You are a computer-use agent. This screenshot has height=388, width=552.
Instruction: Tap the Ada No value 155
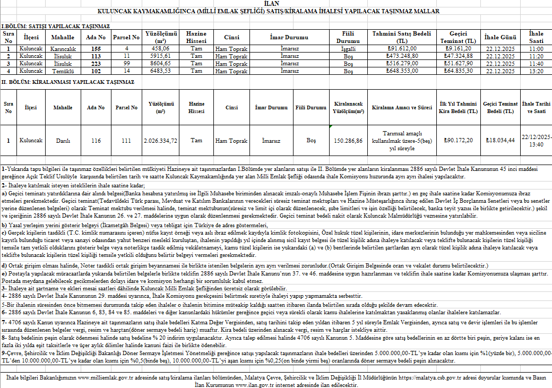[x=96, y=48]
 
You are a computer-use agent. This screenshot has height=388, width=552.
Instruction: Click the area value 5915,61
[x=161, y=56]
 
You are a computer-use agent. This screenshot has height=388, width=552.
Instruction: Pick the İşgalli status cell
[x=348, y=48]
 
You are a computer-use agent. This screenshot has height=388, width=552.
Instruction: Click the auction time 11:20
[x=536, y=56]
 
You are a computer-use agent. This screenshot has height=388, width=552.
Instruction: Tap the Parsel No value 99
[x=127, y=63]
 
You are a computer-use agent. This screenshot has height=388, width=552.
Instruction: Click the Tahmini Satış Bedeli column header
[x=402, y=37]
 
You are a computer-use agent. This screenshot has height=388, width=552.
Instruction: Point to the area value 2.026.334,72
[x=161, y=141]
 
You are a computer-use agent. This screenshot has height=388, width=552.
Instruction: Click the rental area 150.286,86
[x=348, y=141]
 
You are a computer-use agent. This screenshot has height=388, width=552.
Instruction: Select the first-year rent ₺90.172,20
[x=458, y=141]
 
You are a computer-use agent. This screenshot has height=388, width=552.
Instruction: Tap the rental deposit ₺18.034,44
[x=501, y=141]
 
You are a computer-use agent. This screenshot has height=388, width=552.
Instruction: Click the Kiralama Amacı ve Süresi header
[x=402, y=107]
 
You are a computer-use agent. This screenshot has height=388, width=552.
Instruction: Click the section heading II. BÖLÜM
[x=67, y=82]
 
